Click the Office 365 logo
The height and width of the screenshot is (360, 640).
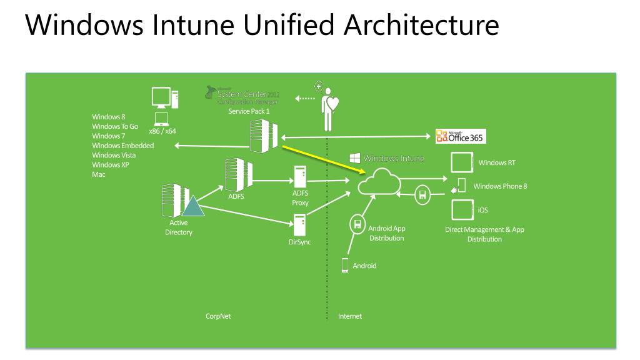pyautogui.click(x=461, y=137)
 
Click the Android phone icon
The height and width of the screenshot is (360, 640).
pyautogui.click(x=344, y=266)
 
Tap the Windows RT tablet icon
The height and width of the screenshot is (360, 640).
pyautogui.click(x=461, y=163)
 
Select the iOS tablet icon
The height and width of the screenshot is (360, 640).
pyautogui.click(x=461, y=209)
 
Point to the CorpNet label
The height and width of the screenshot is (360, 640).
pyautogui.click(x=218, y=316)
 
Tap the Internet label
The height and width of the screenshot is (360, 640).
pyautogui.click(x=350, y=316)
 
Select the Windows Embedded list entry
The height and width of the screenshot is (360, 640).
pyautogui.click(x=122, y=146)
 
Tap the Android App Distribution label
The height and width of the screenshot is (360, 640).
pyautogui.click(x=387, y=233)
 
